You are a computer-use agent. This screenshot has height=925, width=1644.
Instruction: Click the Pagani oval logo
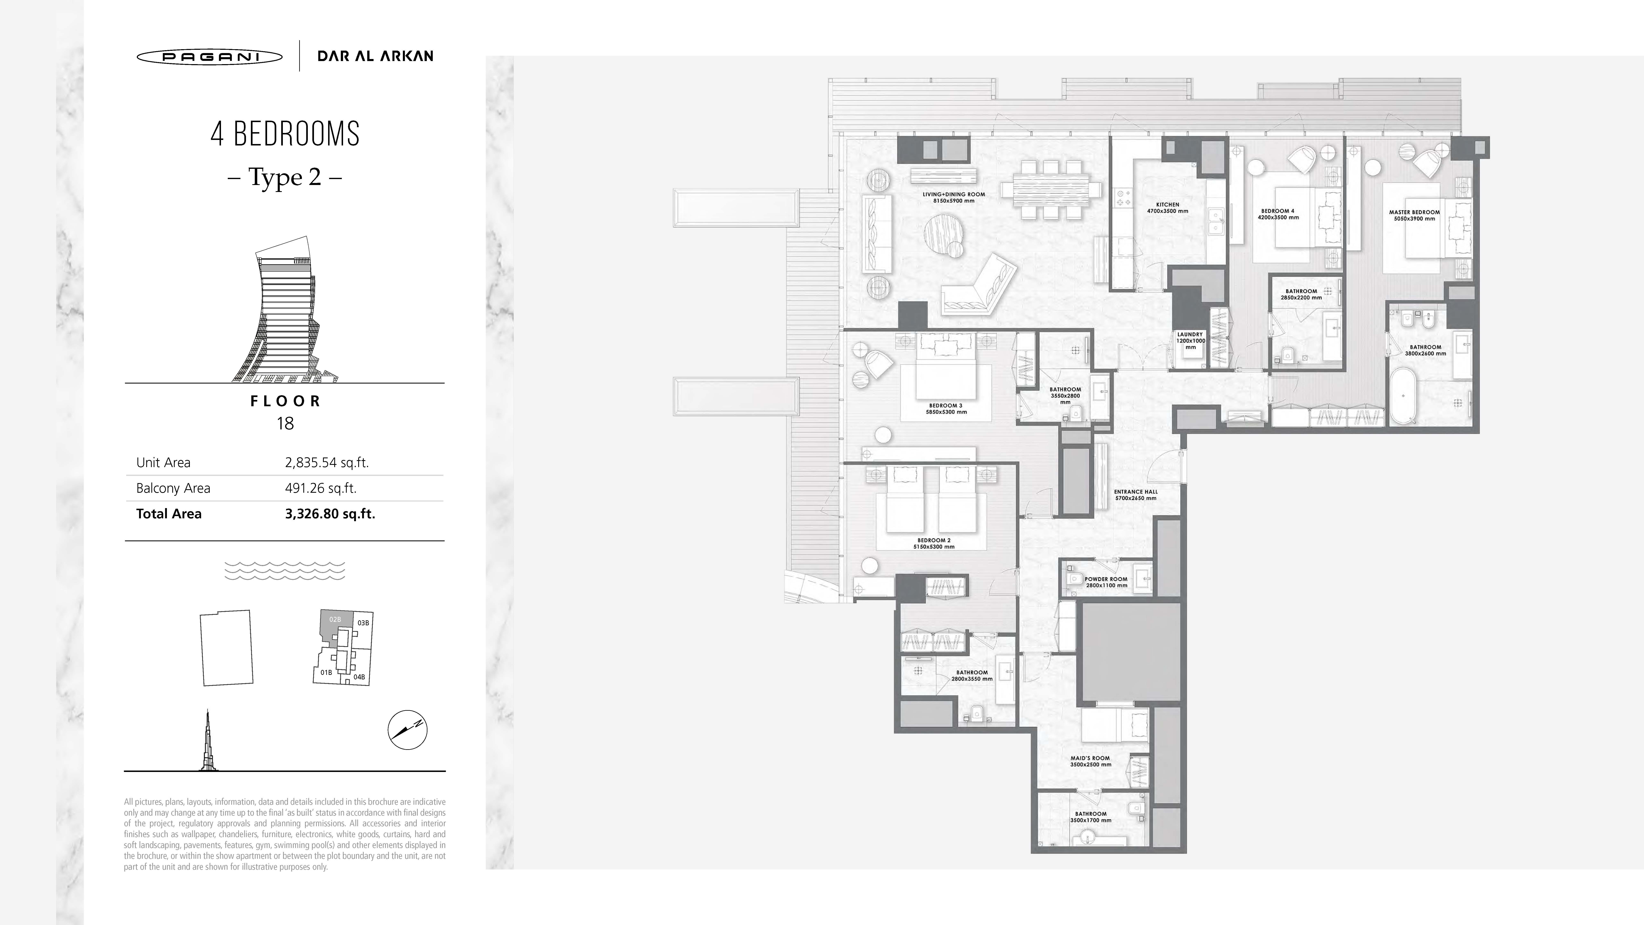(x=209, y=57)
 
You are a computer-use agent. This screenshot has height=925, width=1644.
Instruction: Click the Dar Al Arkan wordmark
(x=375, y=56)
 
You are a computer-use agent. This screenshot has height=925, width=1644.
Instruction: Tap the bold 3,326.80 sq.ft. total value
(x=330, y=514)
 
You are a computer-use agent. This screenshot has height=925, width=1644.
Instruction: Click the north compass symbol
(x=407, y=730)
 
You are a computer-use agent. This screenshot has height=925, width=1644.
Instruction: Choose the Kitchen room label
(x=1167, y=204)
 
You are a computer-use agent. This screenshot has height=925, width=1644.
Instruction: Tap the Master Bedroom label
(x=1414, y=212)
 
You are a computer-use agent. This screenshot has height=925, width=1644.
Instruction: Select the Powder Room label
(x=1106, y=579)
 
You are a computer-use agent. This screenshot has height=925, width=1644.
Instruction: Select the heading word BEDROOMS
(x=297, y=134)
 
